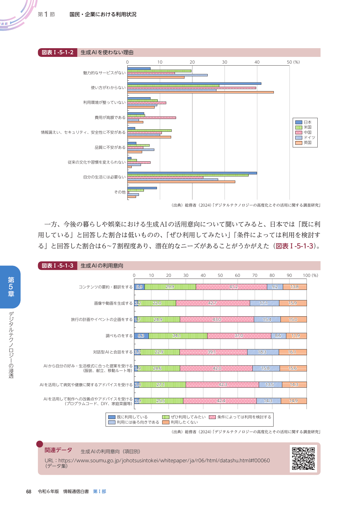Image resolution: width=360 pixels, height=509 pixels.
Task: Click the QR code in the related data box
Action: coord(303,459)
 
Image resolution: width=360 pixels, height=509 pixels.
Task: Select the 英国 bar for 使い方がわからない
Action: coord(200,92)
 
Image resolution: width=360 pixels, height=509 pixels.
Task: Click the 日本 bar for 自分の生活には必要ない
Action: coord(192,173)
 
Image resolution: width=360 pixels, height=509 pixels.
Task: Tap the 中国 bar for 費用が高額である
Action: coord(151,118)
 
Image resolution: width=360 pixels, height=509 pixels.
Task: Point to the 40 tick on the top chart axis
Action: coord(257,62)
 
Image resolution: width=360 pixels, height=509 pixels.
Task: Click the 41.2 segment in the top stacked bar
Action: coord(231,287)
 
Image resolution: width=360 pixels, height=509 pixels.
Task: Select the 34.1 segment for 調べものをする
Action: coord(178,336)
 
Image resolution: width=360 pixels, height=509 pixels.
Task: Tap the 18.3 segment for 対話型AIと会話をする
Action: coord(263,352)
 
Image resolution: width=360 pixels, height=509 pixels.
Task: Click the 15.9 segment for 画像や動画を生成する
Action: coord(293,303)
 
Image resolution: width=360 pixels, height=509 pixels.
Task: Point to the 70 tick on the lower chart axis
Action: coord(255,275)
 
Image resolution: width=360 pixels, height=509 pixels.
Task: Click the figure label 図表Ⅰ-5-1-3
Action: coord(57,266)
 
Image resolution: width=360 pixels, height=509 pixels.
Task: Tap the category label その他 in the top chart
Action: coord(120,192)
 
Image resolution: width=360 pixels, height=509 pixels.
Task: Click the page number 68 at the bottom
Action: coord(29,492)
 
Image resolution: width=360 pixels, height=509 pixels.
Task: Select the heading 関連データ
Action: coord(58,450)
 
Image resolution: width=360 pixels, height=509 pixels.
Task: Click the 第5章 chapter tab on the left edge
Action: coord(11,287)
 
